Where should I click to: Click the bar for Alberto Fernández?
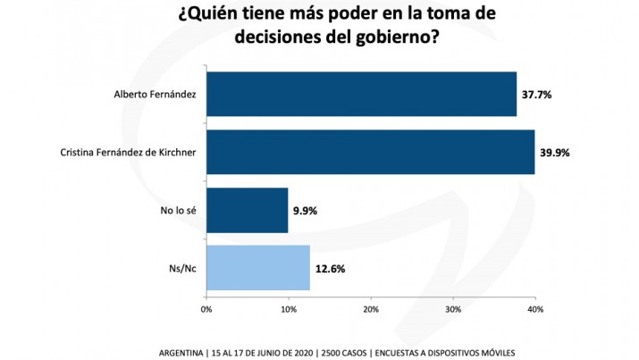[x=361, y=94]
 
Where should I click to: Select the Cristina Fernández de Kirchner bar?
[x=370, y=152]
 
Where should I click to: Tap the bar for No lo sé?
[x=247, y=210]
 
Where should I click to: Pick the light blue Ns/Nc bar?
[x=257, y=268]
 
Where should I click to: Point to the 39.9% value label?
[x=555, y=152]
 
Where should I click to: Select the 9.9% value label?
[x=305, y=211]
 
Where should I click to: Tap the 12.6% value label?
[x=329, y=269]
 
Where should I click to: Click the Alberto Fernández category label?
[x=154, y=95]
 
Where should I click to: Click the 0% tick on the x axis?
[x=206, y=309]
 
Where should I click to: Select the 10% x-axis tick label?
[x=289, y=309]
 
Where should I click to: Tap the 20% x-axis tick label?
[x=371, y=309]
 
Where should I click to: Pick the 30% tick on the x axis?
[x=453, y=309]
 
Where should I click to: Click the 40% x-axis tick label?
[x=534, y=309]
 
